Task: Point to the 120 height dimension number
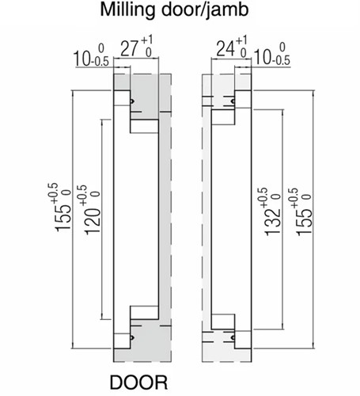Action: click(89, 215)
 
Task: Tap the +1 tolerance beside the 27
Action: click(148, 41)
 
